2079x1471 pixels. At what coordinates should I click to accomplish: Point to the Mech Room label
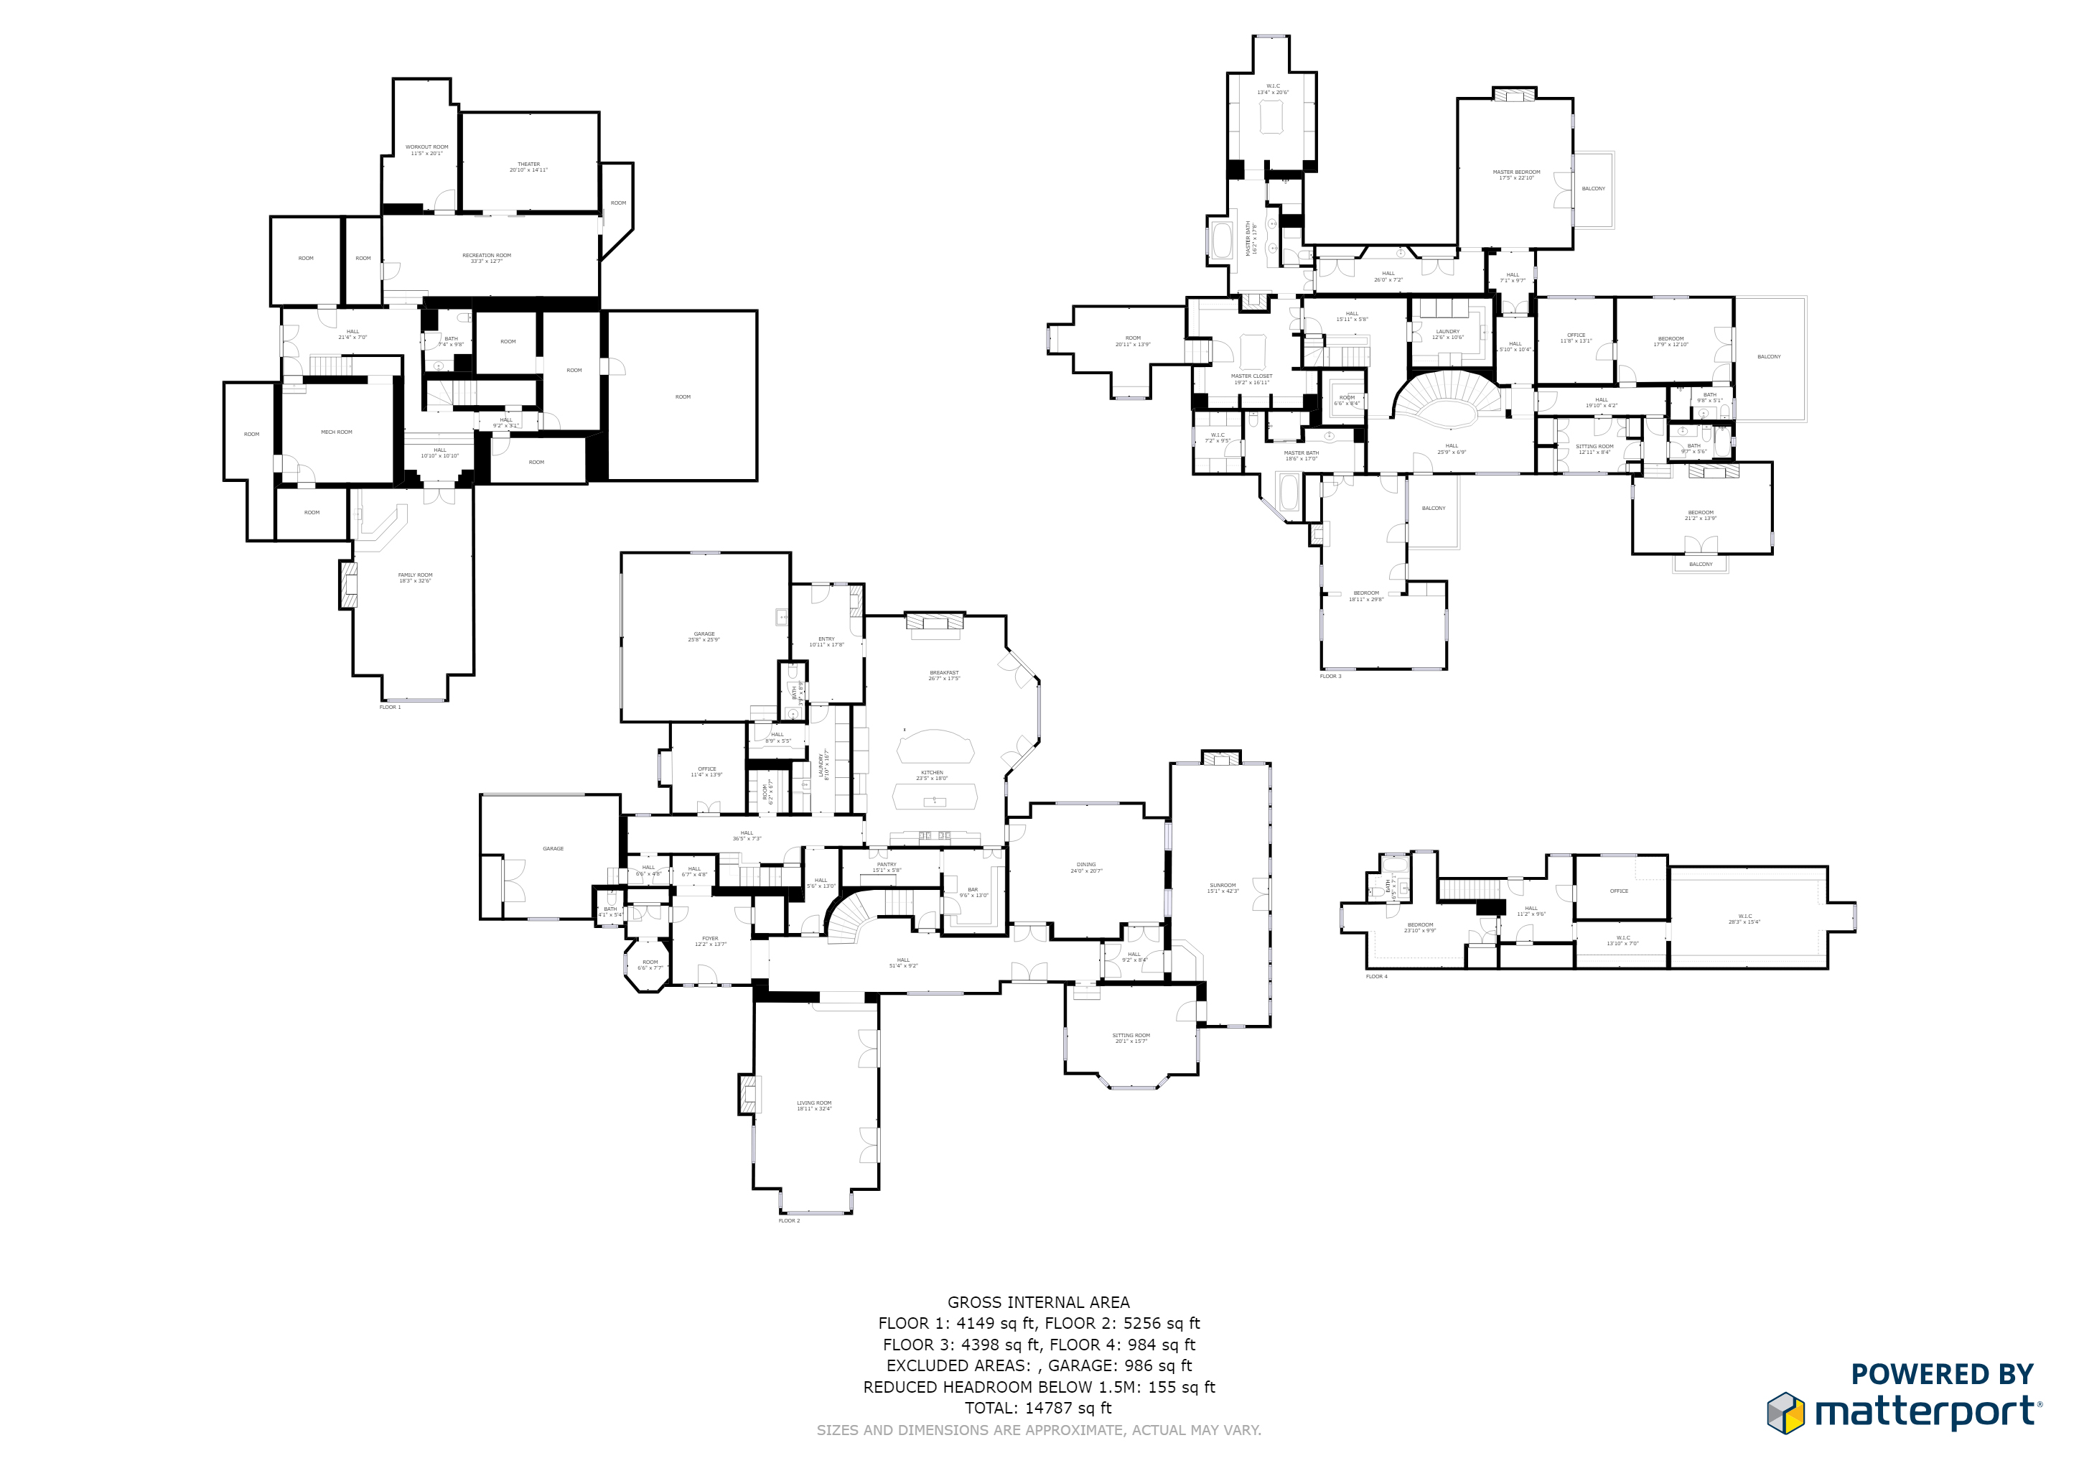[336, 432]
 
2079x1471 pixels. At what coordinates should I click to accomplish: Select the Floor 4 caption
[1376, 976]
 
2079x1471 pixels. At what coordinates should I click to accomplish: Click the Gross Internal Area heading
[1039, 1302]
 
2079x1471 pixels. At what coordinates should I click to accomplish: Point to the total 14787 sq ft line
[1039, 1408]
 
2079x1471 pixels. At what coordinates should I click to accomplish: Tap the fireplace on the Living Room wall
[749, 1094]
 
